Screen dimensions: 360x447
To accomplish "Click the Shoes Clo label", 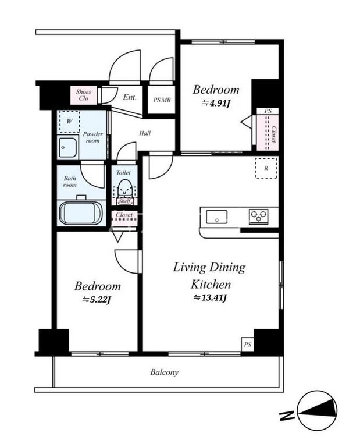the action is coord(83,95).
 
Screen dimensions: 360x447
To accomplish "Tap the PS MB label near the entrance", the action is coord(162,100).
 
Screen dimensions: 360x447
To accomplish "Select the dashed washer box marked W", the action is coord(69,122).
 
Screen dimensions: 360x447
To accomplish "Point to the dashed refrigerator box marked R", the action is coord(266,168).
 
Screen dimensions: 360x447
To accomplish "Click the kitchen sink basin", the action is coord(217,217).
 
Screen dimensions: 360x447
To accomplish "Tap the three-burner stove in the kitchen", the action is coord(258,217).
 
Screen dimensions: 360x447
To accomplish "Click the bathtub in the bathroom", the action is coord(81,213).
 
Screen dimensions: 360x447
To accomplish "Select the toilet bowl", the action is coord(124,188).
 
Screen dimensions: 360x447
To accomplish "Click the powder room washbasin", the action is coord(67,147).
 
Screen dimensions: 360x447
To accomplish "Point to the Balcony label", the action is coord(165,372).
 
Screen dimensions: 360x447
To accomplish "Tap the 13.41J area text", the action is coord(210,298).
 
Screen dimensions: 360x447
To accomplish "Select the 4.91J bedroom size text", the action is coord(216,103).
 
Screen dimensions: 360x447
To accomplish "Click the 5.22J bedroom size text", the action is coord(97,299).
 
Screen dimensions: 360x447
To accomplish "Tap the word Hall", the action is coord(145,133).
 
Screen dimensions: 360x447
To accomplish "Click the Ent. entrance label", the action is coord(130,97).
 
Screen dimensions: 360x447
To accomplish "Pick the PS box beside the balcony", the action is coord(248,345).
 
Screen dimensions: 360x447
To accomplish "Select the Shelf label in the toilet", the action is coord(124,201).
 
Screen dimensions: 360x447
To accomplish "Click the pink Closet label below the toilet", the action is coord(124,215).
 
